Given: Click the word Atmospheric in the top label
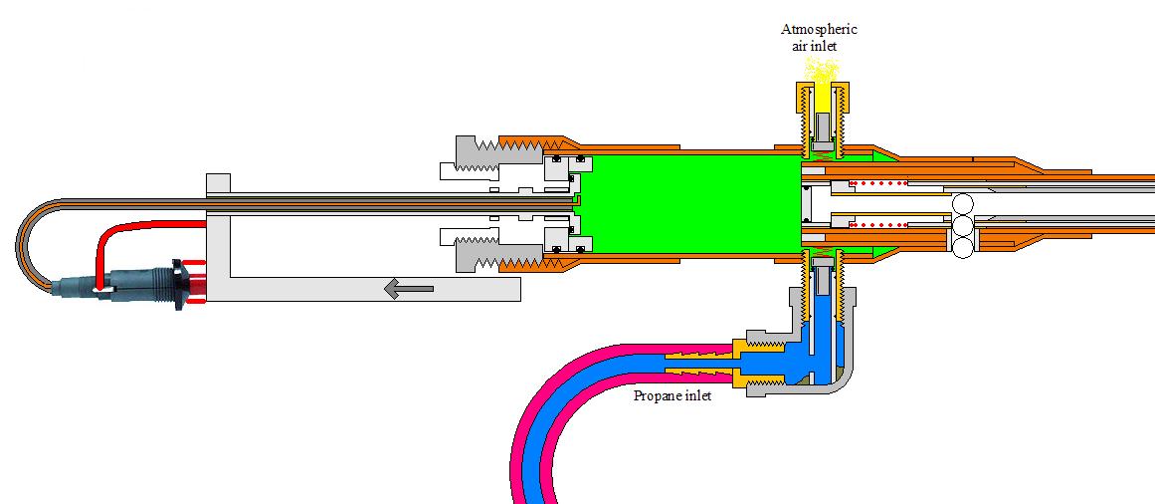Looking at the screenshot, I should coord(819,29).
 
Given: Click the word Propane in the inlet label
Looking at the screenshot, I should coord(657,396).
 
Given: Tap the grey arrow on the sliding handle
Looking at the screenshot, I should coord(408,289).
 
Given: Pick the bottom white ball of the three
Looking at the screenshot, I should coord(963,248).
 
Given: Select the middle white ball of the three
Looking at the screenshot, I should coord(963,227).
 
